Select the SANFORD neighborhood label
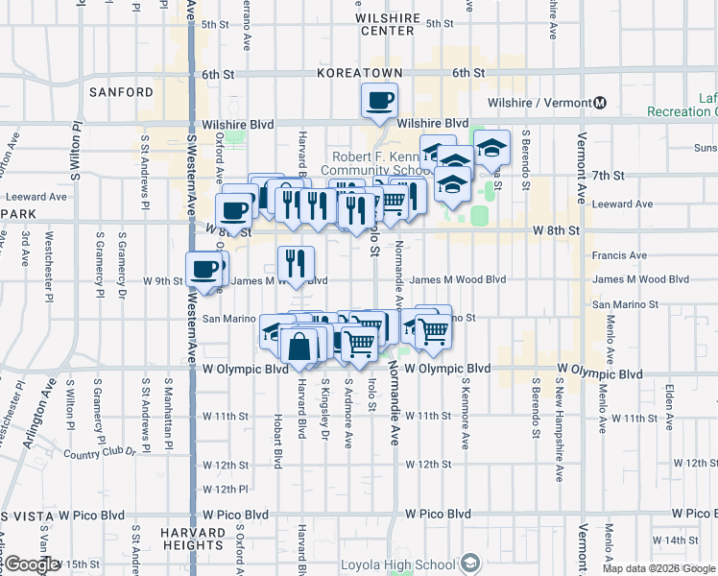tap(121, 92)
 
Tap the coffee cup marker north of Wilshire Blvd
tap(379, 100)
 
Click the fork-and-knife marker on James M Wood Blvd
tap(295, 262)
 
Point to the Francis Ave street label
tap(620, 255)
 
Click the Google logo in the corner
tap(32, 565)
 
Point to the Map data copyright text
tap(658, 568)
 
